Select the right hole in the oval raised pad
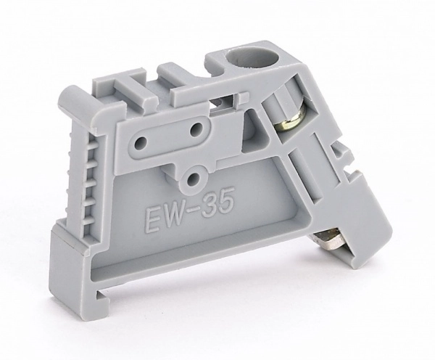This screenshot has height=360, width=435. [x=197, y=128]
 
